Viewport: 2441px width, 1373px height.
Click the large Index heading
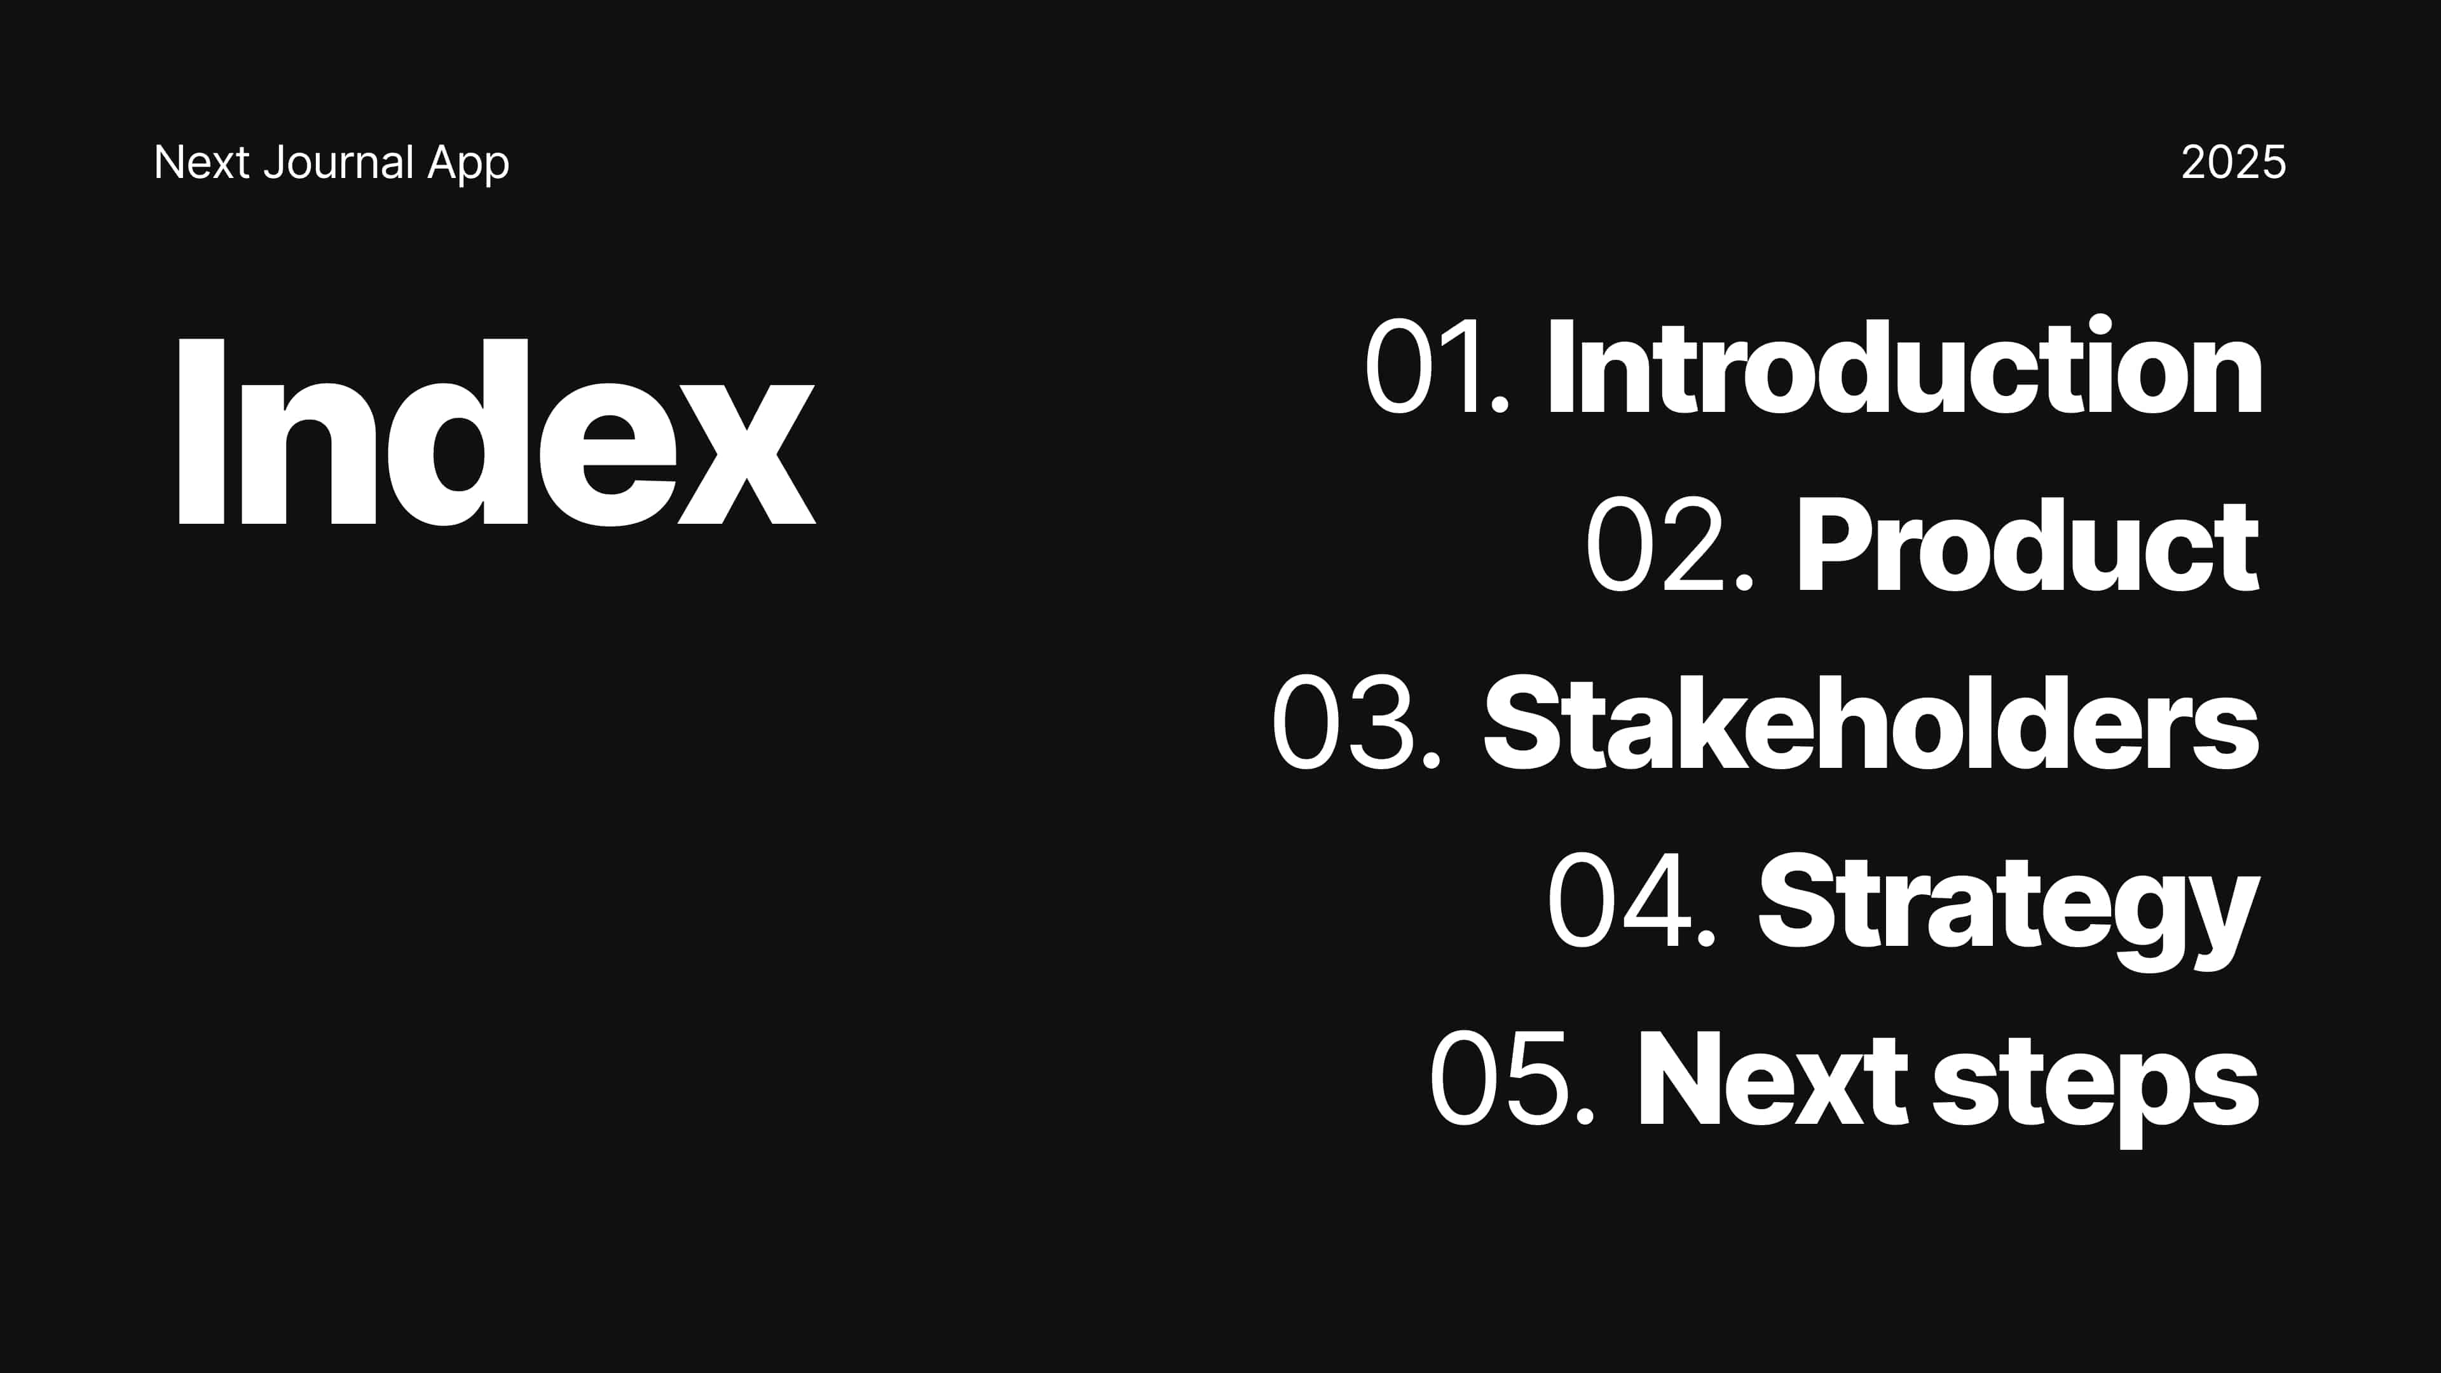(x=496, y=431)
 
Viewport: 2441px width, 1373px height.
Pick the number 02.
(x=1671, y=545)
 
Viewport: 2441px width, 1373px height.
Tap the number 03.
(x=1356, y=723)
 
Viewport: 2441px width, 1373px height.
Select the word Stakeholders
(x=1871, y=723)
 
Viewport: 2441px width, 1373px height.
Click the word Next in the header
(x=202, y=162)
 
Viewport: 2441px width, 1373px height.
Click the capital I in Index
(x=200, y=431)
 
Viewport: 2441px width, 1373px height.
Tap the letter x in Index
(x=747, y=454)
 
